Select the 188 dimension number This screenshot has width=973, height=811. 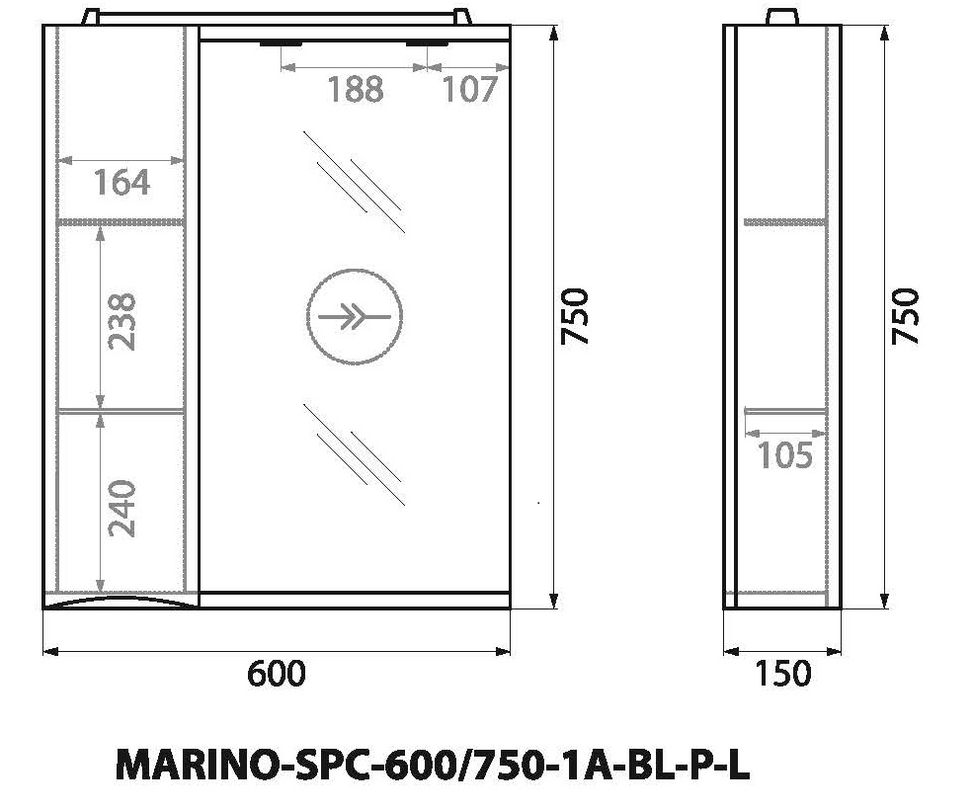(355, 89)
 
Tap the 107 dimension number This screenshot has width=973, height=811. (469, 89)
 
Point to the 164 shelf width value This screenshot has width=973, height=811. (122, 183)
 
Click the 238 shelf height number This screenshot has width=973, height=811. (122, 321)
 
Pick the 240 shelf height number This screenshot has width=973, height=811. (122, 507)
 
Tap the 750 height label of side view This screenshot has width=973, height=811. (905, 316)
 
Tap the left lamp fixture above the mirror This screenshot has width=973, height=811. (283, 43)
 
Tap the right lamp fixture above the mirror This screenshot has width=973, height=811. (427, 43)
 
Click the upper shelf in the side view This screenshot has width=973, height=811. (783, 222)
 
